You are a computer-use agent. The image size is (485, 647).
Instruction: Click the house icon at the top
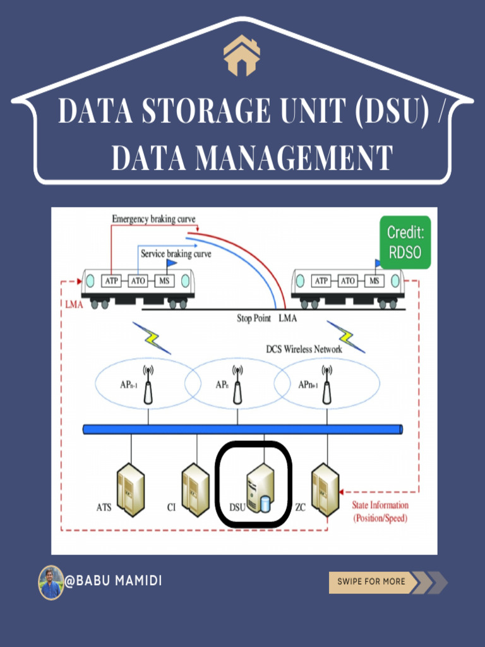(242, 56)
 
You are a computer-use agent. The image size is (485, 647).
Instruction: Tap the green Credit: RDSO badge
(405, 243)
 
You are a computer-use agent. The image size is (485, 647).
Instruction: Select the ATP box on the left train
(112, 280)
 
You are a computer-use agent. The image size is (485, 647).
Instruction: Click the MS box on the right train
(374, 281)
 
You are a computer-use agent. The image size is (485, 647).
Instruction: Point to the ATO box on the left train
(138, 280)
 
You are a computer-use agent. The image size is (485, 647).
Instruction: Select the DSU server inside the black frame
(260, 488)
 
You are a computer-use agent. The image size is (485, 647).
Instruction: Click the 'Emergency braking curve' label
(153, 219)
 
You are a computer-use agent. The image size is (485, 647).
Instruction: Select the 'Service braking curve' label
(176, 254)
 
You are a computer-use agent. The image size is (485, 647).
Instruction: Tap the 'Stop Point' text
(254, 318)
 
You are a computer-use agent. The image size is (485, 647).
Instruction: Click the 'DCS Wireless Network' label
(304, 349)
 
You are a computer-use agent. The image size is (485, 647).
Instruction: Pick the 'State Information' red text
(380, 505)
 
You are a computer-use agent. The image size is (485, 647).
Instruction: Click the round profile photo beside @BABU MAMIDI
(51, 582)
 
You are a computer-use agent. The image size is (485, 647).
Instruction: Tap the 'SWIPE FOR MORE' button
(372, 581)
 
